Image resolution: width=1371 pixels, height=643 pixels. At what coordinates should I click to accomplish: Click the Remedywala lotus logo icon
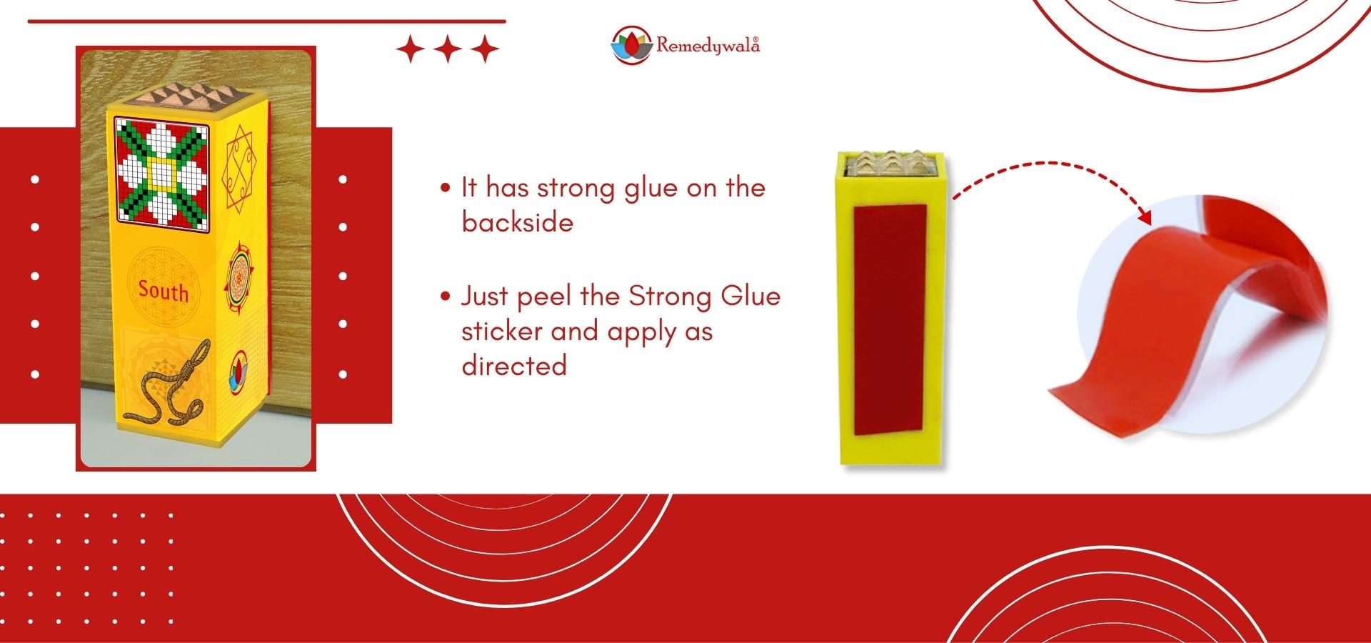632,45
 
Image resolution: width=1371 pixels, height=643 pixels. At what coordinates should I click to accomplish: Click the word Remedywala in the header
708,46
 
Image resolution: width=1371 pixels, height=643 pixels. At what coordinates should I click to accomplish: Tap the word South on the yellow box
164,290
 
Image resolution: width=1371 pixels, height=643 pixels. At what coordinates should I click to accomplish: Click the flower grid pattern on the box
162,169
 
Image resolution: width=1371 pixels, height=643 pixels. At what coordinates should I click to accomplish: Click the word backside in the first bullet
518,222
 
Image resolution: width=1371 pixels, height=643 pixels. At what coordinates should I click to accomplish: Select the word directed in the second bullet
514,365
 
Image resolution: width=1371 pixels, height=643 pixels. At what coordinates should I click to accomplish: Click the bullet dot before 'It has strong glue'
446,189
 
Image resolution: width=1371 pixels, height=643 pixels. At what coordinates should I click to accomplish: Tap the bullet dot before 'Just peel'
446,296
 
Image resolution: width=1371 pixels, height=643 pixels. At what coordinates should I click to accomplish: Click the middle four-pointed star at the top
448,49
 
